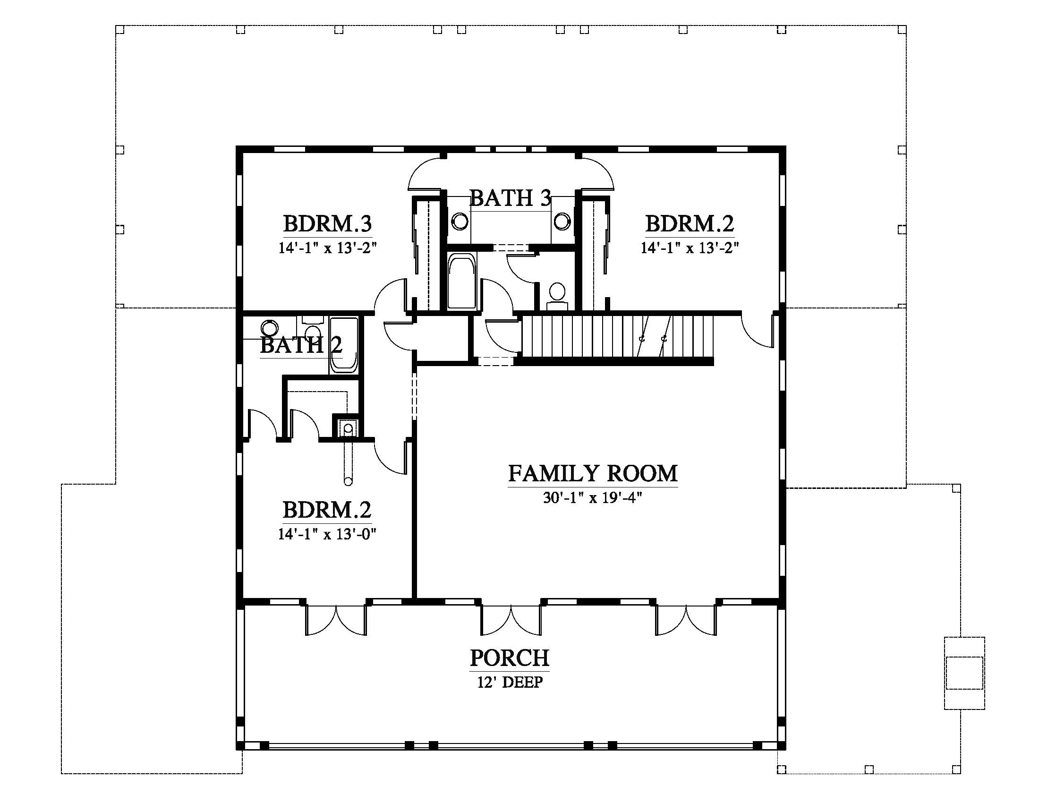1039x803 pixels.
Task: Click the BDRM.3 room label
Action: pos(327,223)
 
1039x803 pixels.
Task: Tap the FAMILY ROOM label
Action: pos(593,473)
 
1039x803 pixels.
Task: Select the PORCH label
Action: pos(510,658)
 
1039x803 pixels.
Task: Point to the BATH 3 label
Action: pos(511,198)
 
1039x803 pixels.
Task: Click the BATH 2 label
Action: pos(301,344)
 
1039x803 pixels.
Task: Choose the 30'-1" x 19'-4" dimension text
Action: pos(593,497)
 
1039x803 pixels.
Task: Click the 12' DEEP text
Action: pos(510,682)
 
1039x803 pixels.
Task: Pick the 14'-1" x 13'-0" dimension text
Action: pos(327,534)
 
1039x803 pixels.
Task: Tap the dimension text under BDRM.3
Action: pos(327,248)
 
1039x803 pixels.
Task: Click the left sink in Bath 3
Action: pos(460,221)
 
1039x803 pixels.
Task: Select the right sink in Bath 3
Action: pos(562,221)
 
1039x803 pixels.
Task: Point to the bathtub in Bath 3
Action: pos(461,282)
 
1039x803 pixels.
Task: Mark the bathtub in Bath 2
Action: pos(343,345)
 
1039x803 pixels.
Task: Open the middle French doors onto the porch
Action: pos(511,620)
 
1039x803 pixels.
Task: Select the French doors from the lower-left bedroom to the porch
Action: pos(336,620)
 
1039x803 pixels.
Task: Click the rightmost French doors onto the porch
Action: pos(686,620)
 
